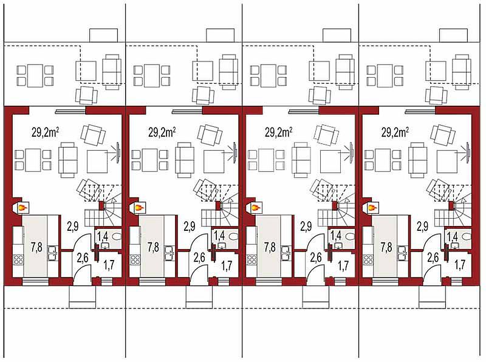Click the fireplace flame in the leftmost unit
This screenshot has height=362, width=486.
[x=22, y=207]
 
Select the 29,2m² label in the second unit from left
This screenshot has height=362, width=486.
[x=162, y=132]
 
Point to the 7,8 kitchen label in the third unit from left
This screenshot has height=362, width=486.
[x=270, y=247]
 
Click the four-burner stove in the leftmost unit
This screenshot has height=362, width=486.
[x=18, y=259]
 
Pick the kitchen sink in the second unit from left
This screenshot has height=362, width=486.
[x=169, y=253]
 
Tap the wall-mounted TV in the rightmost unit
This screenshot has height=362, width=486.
[x=468, y=152]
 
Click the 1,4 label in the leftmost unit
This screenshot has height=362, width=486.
[x=103, y=236]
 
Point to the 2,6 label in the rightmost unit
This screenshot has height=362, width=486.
[x=433, y=258]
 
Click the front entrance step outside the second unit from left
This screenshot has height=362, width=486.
[x=199, y=297]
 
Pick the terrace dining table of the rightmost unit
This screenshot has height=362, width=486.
[x=385, y=76]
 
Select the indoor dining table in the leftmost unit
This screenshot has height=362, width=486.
[x=33, y=160]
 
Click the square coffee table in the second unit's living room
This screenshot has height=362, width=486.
[x=214, y=162]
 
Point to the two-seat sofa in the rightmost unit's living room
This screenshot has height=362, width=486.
[x=418, y=160]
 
